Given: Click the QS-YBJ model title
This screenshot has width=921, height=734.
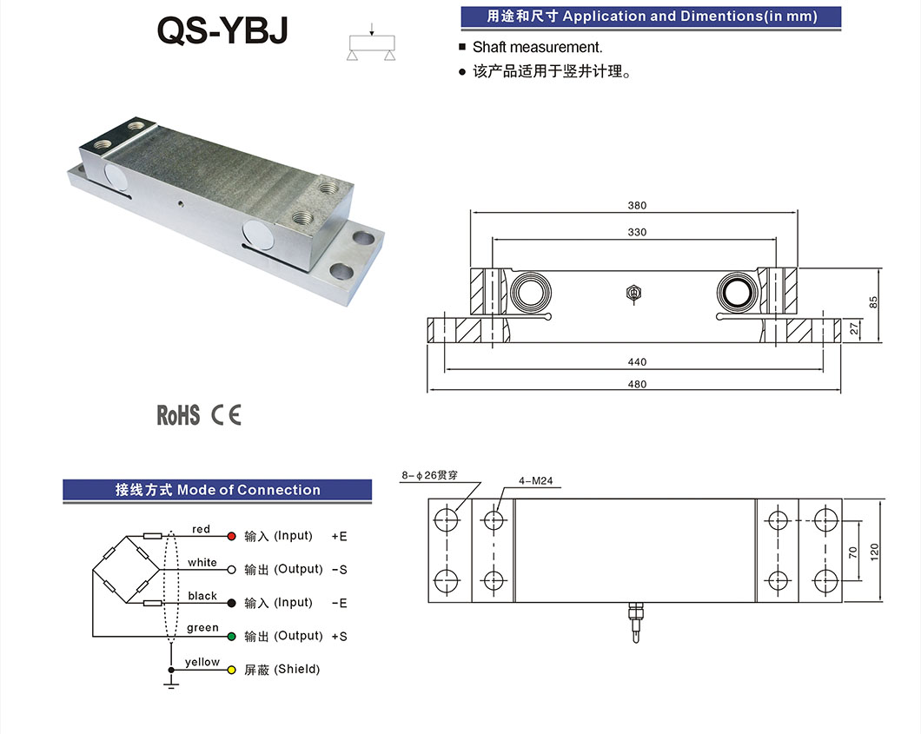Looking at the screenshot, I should [221, 32].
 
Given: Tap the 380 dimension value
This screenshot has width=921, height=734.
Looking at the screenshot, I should [637, 206].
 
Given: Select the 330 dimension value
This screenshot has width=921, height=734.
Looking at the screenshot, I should [637, 233].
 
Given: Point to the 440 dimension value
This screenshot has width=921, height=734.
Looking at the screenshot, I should [637, 362].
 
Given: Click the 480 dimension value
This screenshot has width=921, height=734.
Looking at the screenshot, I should [637, 384].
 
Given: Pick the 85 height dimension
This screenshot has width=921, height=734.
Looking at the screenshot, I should [874, 303].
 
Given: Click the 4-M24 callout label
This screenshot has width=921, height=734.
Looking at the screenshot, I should [535, 480].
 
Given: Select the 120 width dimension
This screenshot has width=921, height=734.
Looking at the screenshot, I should [875, 550].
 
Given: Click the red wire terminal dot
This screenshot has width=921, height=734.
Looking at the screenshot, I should [231, 536].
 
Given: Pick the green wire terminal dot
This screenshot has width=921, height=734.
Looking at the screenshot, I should [231, 636].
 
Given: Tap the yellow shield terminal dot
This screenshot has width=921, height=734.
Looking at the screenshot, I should [231, 670].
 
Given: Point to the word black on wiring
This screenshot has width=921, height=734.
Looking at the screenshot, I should [202, 596].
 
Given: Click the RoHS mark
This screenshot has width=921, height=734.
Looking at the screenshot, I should [178, 415].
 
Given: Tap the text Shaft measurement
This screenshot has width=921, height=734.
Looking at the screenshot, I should [537, 48].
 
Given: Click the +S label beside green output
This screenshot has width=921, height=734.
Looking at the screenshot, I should [339, 637].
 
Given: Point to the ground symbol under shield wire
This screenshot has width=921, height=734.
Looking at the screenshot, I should [171, 686].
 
